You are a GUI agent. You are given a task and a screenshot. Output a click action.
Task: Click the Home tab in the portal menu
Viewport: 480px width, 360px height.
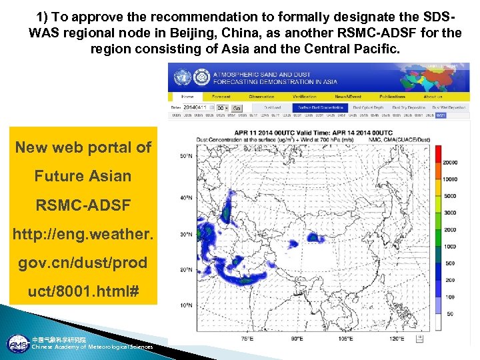pyautogui.click(x=188, y=97)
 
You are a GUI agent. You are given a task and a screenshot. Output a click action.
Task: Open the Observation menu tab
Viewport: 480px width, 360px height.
pyautogui.click(x=261, y=97)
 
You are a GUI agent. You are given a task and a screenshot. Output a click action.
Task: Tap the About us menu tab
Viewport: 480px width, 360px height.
pyautogui.click(x=433, y=97)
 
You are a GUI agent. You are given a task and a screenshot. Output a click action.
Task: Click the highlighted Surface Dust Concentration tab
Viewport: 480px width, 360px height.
pyautogui.click(x=321, y=107)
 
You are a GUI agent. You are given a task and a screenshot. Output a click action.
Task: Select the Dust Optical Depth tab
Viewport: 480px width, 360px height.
pyautogui.click(x=368, y=107)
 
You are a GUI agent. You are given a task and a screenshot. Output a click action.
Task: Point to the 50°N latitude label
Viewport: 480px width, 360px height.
pyautogui.click(x=186, y=156)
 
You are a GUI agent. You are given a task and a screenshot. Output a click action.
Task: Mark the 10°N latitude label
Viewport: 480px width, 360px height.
pyautogui.click(x=186, y=305)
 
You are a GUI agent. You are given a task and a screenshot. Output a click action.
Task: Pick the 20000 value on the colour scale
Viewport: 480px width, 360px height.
pyautogui.click(x=449, y=162)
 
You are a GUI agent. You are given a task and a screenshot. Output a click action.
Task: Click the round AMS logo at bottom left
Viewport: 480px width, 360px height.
pyautogui.click(x=17, y=344)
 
